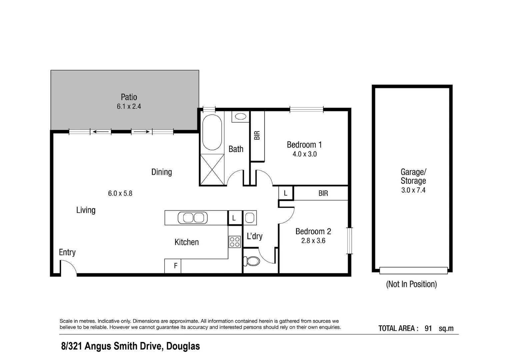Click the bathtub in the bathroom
coord(212,132)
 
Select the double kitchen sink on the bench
coord(193,218)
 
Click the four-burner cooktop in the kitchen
coord(235,242)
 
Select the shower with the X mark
coord(212,170)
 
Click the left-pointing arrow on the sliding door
coord(100,132)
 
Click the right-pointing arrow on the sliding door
coord(142,132)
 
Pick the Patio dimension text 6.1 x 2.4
coord(129,107)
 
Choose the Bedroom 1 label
coord(304,145)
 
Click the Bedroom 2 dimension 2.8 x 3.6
coord(313,241)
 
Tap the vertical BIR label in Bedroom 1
coord(257,135)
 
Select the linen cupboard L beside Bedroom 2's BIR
coord(286,193)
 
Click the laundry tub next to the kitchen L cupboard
coord(250,218)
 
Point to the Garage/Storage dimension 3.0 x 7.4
coord(413,190)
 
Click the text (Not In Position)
coord(411,284)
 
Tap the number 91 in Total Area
coord(428,328)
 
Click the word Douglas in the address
coord(183,346)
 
